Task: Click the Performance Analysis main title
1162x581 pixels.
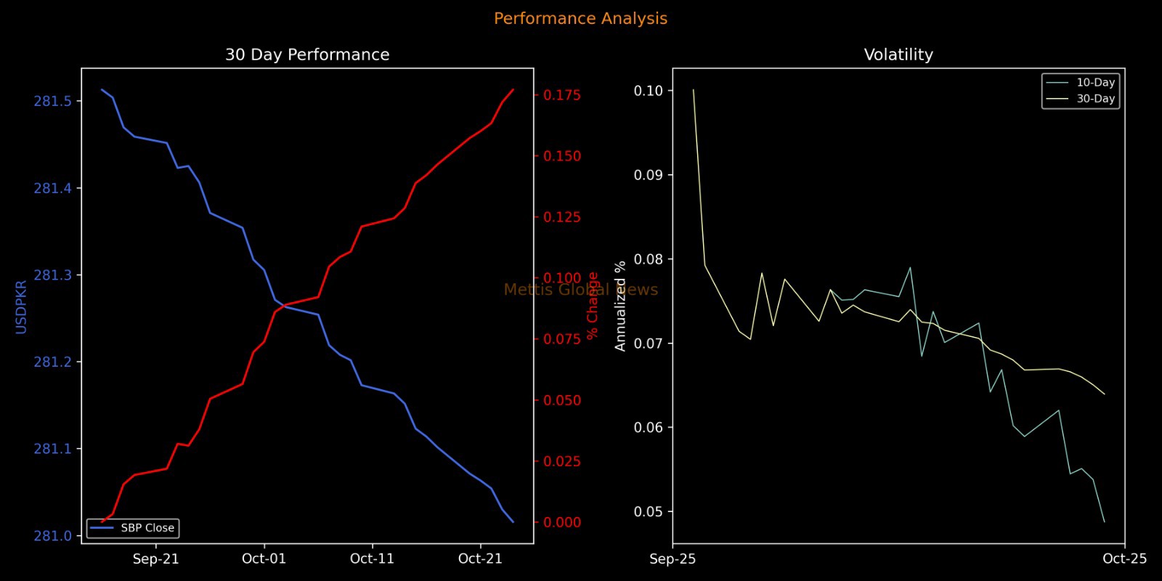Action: (x=580, y=19)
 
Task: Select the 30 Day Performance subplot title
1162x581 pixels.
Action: (x=307, y=55)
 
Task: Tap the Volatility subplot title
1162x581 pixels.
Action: (x=898, y=55)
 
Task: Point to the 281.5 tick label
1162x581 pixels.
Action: (x=53, y=101)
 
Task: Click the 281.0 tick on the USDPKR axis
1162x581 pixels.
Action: (x=53, y=536)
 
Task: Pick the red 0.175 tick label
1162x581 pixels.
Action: (x=562, y=95)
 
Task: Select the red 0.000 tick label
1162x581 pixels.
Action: (x=562, y=522)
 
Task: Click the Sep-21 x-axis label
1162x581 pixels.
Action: (x=155, y=558)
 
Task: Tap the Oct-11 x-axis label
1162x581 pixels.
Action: (x=372, y=558)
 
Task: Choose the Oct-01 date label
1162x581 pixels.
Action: (x=264, y=558)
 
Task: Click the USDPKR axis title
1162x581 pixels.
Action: (x=21, y=306)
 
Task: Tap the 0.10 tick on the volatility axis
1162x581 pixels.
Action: (x=649, y=91)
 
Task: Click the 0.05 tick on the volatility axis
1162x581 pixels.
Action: (x=649, y=512)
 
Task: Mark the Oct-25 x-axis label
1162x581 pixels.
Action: (x=1124, y=558)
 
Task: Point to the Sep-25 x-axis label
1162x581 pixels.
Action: (x=673, y=558)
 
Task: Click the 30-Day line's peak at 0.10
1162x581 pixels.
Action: (x=694, y=90)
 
